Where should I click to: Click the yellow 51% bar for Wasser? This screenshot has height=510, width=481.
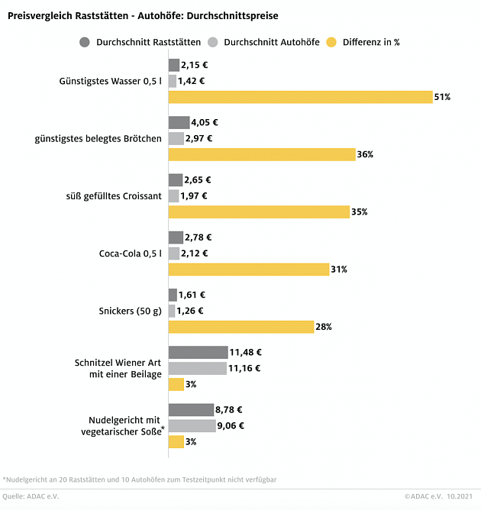pos(301,97)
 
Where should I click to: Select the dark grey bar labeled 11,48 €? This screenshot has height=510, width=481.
pos(198,352)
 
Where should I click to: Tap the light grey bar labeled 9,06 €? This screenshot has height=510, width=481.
pos(192,425)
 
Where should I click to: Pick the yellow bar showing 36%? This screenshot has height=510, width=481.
pos(261,154)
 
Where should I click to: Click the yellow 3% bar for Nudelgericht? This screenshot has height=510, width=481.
pos(176,441)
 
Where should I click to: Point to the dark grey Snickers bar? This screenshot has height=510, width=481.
pos(173,295)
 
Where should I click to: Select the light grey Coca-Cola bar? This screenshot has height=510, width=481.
pos(174,253)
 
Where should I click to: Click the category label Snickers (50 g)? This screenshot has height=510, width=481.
pos(130,311)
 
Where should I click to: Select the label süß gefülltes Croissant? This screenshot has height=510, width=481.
pos(114,195)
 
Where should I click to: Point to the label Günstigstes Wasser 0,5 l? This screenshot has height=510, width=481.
pos(110,81)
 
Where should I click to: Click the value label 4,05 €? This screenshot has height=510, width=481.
pos(205,122)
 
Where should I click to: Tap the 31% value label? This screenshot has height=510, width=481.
pos(339,269)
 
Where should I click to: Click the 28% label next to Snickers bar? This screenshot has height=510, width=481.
pos(324,327)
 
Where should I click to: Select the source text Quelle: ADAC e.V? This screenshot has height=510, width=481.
pos(31,496)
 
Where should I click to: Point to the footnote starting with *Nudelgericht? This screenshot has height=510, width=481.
pos(139,479)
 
